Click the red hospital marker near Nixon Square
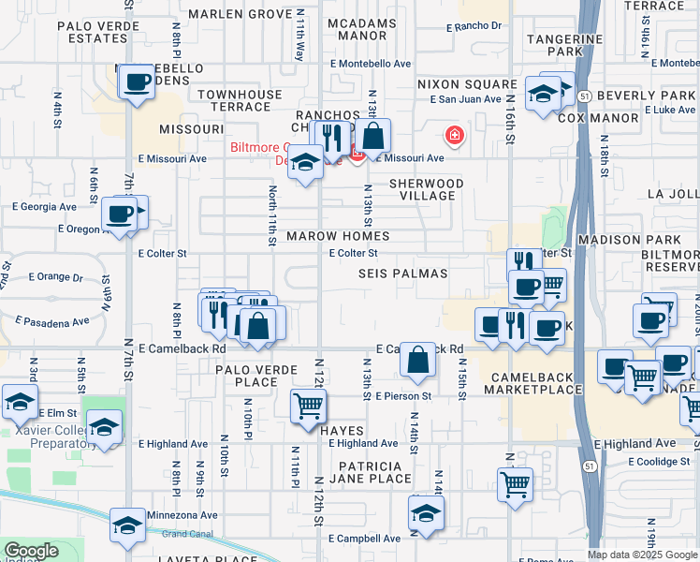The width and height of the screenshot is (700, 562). pyautogui.click(x=455, y=136)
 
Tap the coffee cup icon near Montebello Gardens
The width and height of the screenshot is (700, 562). pyautogui.click(x=137, y=81)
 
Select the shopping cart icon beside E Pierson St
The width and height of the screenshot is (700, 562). pyautogui.click(x=309, y=407)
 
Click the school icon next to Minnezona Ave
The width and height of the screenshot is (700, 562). pyautogui.click(x=128, y=526)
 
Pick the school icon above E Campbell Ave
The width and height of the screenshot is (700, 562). pyautogui.click(x=426, y=514)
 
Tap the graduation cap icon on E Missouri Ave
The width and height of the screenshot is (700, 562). pyautogui.click(x=305, y=162)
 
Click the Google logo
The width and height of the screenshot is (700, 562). pyautogui.click(x=31, y=551)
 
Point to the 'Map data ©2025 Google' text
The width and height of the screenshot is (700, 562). pyautogui.click(x=642, y=555)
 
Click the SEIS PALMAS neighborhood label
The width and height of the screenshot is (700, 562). pyautogui.click(x=402, y=274)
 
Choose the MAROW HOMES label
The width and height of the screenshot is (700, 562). pyautogui.click(x=338, y=236)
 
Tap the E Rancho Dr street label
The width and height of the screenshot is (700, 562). pyautogui.click(x=474, y=26)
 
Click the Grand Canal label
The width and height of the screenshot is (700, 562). pyautogui.click(x=187, y=535)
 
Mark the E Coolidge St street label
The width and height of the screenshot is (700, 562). pyautogui.click(x=658, y=461)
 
